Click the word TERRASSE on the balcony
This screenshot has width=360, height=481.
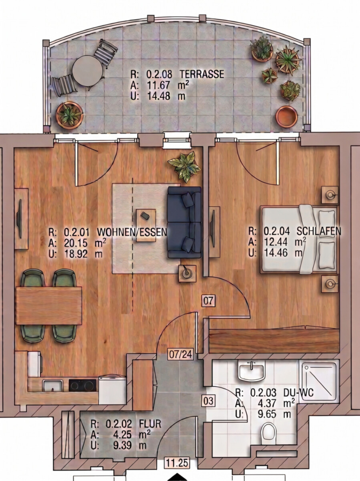202,74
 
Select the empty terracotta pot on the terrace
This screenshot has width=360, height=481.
286,117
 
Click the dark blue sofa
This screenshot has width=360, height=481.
184,222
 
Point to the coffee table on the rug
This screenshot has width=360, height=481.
146,225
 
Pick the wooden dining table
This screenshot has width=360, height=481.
49,306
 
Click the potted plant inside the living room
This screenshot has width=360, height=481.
184,166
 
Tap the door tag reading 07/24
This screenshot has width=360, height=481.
181,354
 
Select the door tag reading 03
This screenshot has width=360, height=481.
208,401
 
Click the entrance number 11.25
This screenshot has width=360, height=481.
177,463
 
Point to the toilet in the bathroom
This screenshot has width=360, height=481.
269,432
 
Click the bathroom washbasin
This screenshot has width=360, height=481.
252,371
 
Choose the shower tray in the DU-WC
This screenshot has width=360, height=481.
320,382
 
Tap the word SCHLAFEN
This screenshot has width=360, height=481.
319,231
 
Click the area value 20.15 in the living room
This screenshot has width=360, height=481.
76,243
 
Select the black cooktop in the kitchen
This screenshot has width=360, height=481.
82,385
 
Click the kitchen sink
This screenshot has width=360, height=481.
53,385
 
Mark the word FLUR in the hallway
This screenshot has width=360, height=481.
150,424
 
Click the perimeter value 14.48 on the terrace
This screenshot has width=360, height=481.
159,96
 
